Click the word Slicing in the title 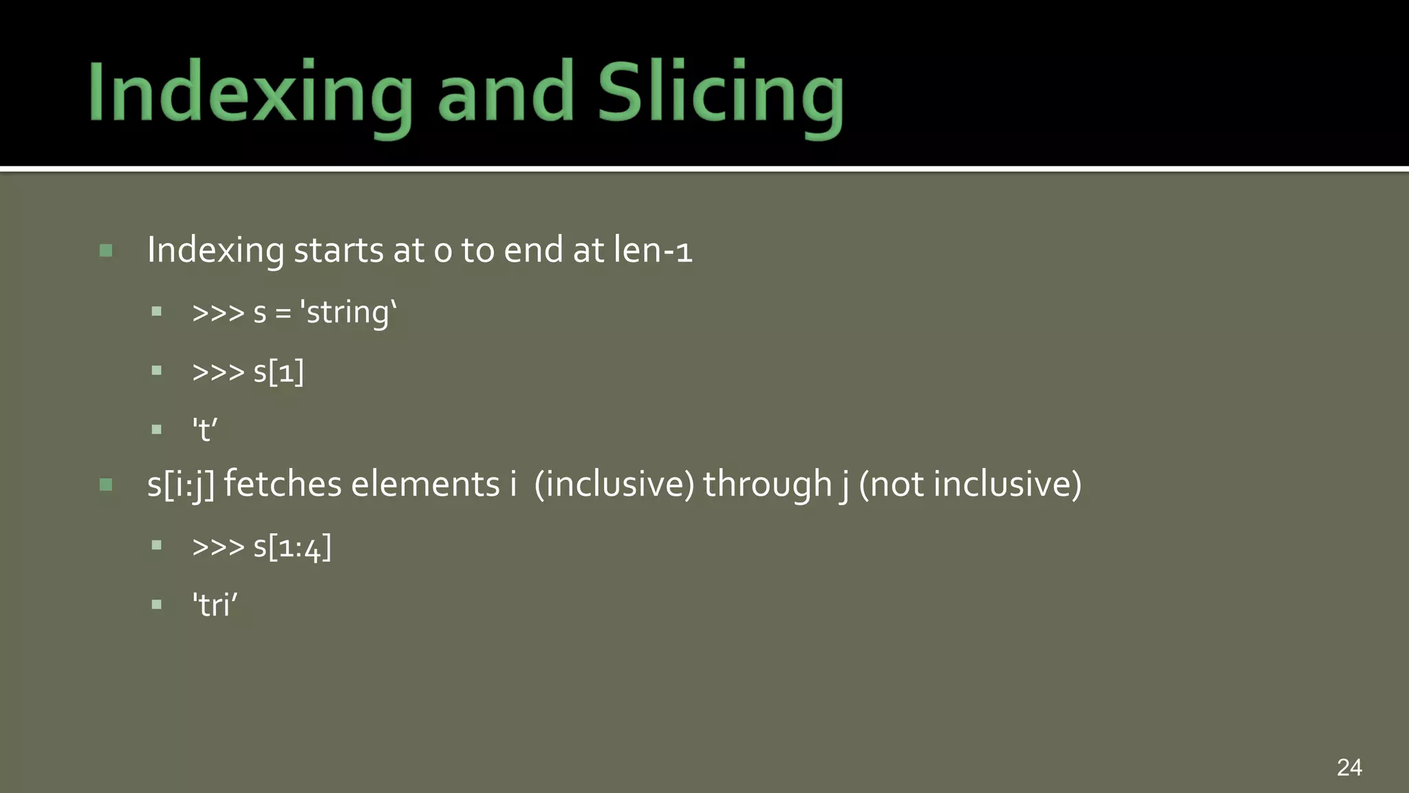coord(720,93)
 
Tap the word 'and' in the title coord(506,93)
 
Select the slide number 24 coord(1349,767)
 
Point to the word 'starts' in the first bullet coord(338,249)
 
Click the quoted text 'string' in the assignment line coord(348,313)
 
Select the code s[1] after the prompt coord(279,372)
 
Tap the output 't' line coord(205,430)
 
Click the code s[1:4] coord(292,547)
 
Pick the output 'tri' coord(215,606)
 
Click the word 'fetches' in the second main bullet coord(282,484)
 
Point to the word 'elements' coord(425,484)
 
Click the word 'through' coord(767,484)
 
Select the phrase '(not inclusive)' coord(970,484)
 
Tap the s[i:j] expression coord(181,484)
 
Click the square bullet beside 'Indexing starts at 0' coord(106,250)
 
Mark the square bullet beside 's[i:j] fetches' coord(106,485)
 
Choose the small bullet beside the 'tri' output coord(157,605)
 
